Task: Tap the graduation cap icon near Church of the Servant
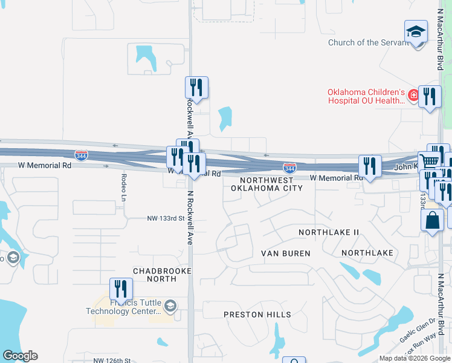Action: point(416,31)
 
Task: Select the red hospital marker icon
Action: point(413,95)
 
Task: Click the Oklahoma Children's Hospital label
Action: point(366,97)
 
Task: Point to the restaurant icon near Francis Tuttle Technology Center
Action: point(121,289)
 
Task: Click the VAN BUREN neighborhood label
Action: point(285,253)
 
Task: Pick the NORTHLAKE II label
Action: point(329,232)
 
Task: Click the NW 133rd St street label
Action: point(165,218)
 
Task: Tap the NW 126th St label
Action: point(112,361)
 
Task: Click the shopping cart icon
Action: point(430,161)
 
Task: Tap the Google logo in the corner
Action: point(20,356)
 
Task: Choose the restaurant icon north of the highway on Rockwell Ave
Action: point(196,87)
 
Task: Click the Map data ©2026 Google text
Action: point(415,358)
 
